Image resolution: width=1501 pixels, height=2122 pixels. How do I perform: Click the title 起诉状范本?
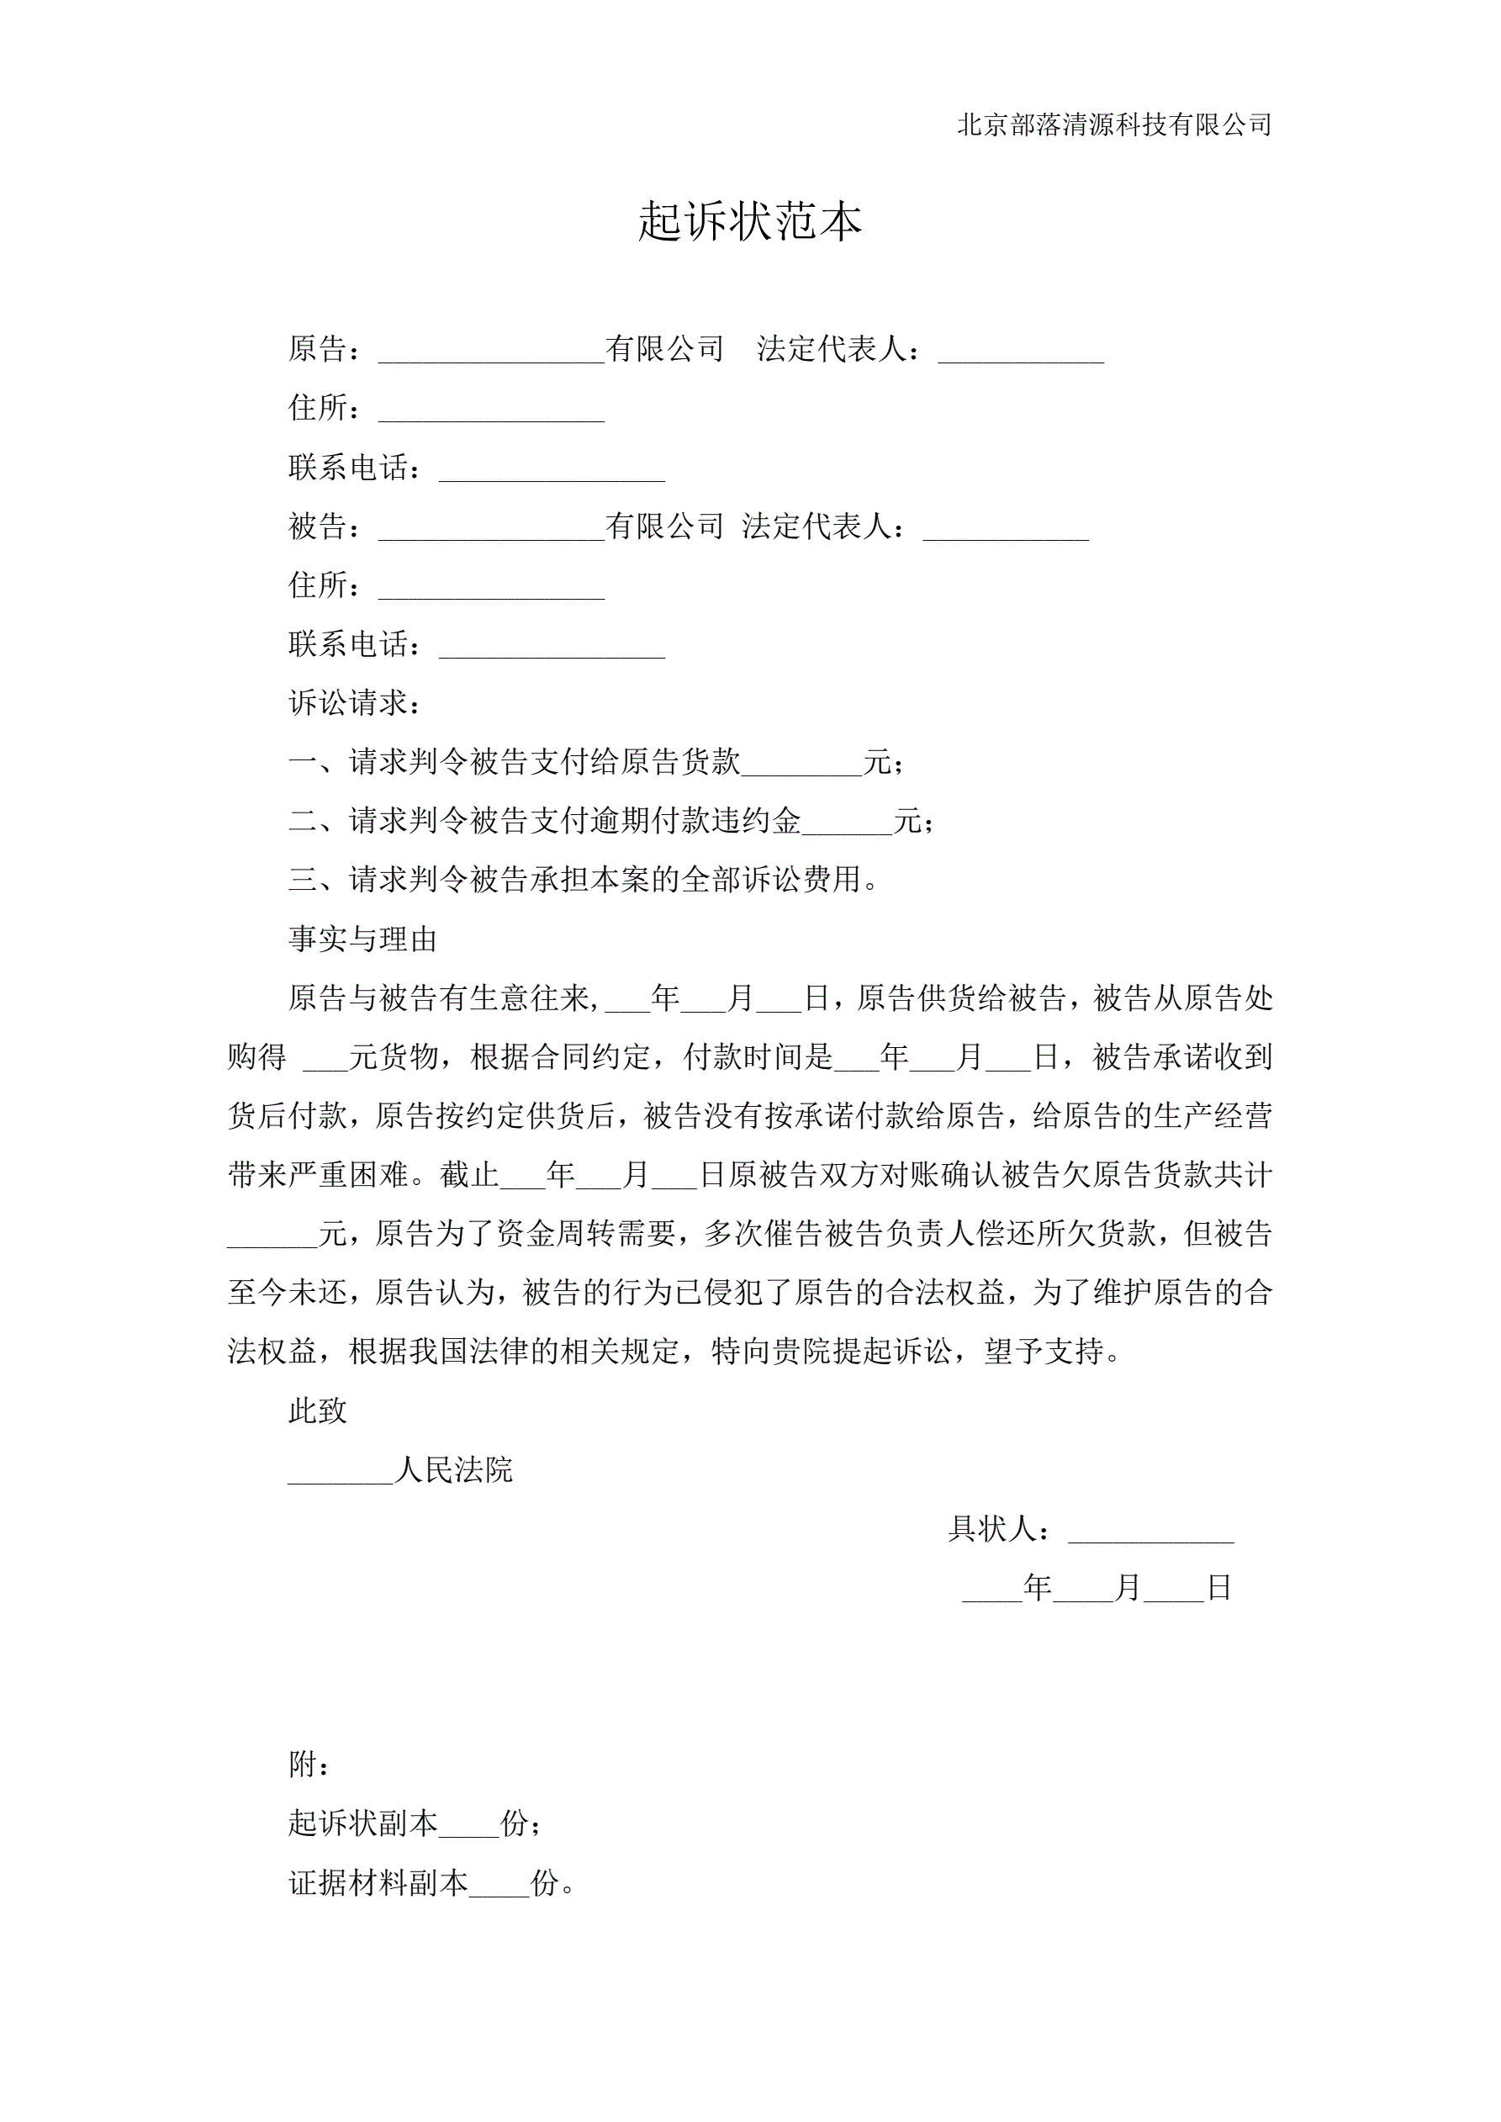pyautogui.click(x=749, y=222)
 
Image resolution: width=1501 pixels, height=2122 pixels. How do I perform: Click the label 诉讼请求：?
pyautogui.click(x=356, y=703)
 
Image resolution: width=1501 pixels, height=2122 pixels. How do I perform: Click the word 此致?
pyautogui.click(x=318, y=1410)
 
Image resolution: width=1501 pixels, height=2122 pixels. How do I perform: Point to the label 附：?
pyautogui.click(x=309, y=1765)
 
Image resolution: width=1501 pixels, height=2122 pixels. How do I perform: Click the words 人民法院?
pyautogui.click(x=453, y=1469)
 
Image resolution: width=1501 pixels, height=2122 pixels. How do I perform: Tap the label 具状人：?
pyautogui.click(x=1000, y=1529)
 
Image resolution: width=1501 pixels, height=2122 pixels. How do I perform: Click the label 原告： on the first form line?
pyautogui.click(x=325, y=348)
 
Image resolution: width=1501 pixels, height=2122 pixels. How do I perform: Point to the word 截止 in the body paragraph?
pyautogui.click(x=469, y=1175)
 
